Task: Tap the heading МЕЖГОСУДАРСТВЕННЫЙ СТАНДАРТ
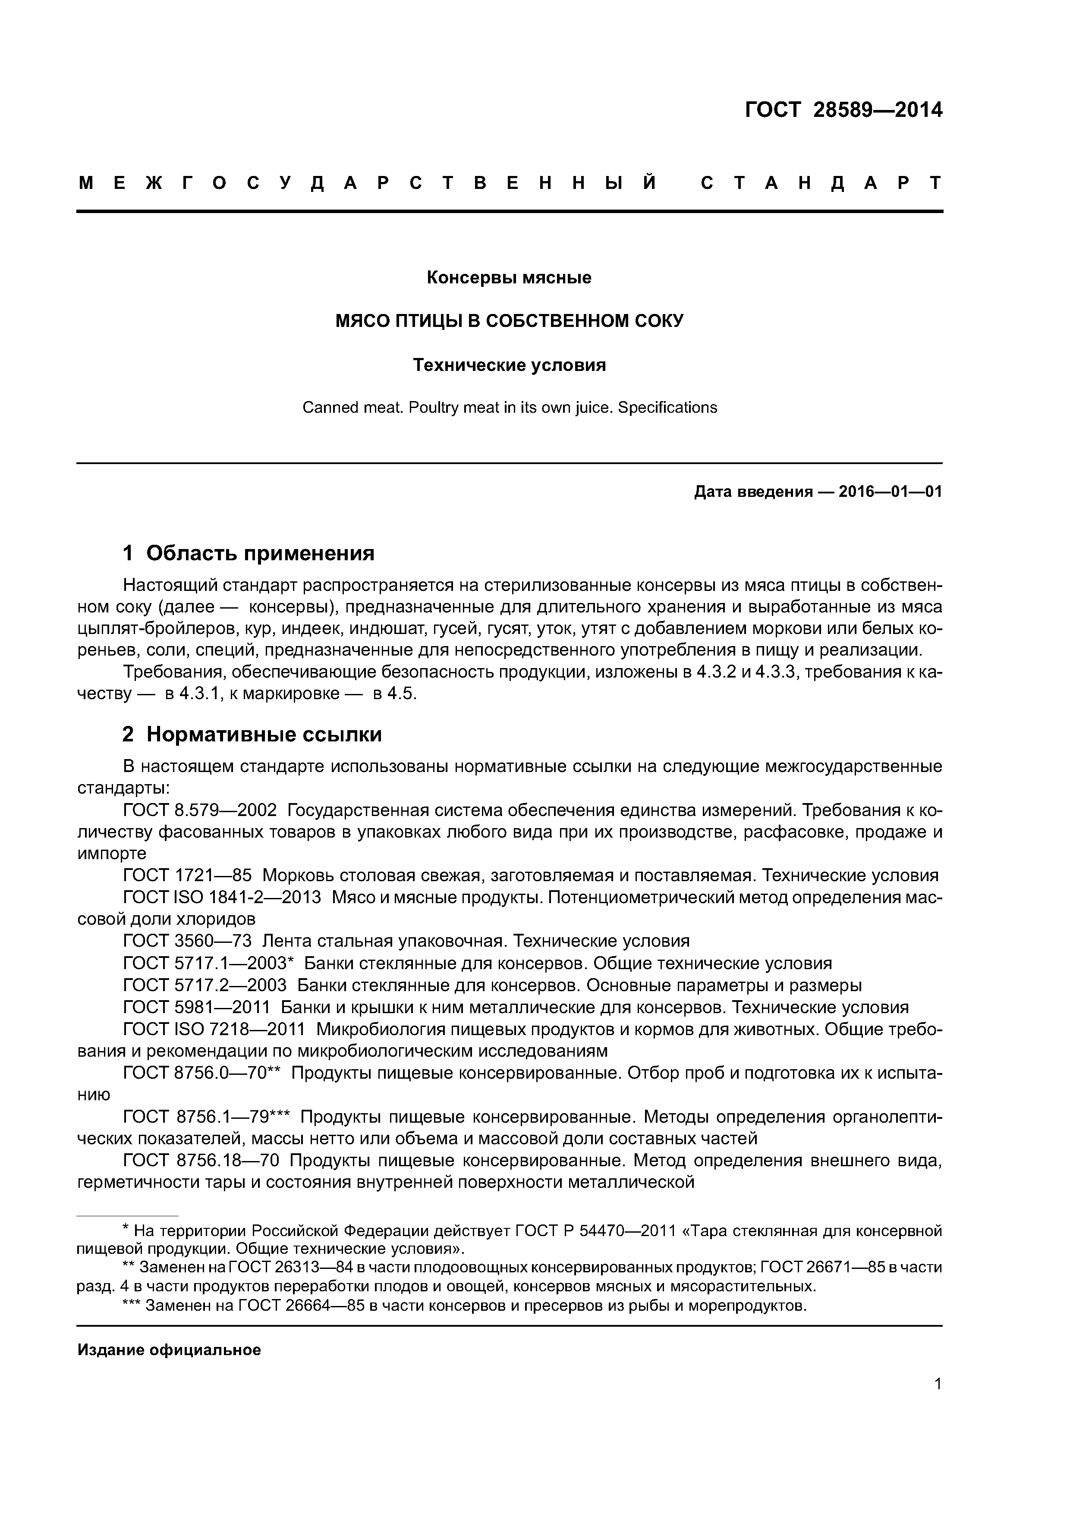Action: coord(510,183)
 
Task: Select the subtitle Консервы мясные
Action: coord(509,277)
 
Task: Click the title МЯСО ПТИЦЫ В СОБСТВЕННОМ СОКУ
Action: coord(510,321)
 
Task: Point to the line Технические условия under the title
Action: coord(509,364)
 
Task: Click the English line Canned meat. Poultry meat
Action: coord(509,407)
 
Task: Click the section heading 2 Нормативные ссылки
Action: coord(252,734)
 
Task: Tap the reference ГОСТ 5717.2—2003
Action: coord(205,985)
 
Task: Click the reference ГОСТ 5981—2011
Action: coord(196,1007)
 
